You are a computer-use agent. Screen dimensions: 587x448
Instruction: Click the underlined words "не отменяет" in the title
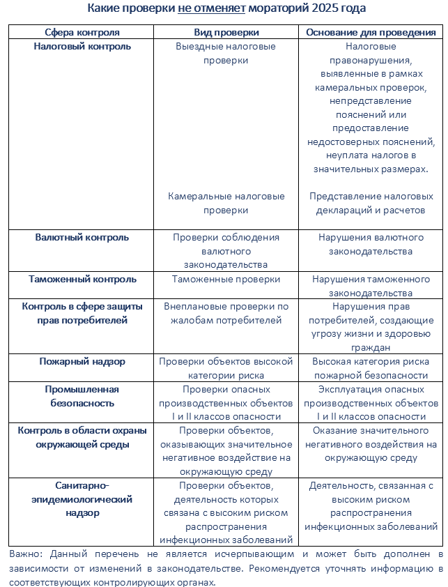click(x=208, y=9)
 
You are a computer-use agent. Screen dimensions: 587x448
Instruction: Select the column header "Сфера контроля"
click(x=82, y=32)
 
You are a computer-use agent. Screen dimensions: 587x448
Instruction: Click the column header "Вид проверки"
click(x=226, y=32)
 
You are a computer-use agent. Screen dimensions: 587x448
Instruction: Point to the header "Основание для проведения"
click(x=371, y=32)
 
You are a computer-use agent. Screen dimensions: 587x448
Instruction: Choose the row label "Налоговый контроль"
click(x=82, y=47)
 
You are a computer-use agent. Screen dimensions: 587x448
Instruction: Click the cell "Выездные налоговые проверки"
click(x=226, y=53)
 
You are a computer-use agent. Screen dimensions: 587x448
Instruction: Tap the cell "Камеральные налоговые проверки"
click(x=226, y=203)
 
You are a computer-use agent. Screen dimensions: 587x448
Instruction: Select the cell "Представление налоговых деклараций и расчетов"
click(x=371, y=203)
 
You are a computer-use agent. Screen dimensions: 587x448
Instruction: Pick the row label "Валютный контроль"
click(x=82, y=237)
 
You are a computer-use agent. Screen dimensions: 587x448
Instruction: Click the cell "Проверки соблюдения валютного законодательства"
click(x=226, y=250)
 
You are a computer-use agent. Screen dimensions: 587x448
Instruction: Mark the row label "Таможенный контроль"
click(x=82, y=279)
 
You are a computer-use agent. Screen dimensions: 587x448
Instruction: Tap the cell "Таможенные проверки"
click(x=226, y=279)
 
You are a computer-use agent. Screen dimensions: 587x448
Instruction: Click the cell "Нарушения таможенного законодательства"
click(x=371, y=286)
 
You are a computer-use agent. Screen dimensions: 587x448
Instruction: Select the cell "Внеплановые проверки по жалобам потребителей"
click(x=226, y=313)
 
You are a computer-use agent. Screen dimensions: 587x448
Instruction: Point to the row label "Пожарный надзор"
click(x=82, y=362)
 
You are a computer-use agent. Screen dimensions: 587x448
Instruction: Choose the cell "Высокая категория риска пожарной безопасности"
click(x=371, y=368)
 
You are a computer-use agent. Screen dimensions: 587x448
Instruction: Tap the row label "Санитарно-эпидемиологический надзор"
click(x=82, y=499)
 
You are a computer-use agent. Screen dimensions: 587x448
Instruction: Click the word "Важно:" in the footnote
click(x=26, y=554)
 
